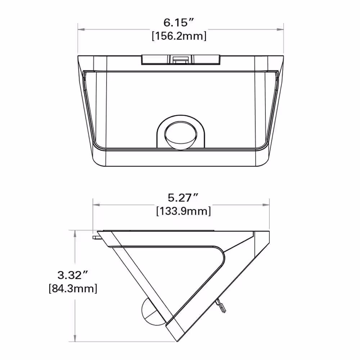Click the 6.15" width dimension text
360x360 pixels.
179,23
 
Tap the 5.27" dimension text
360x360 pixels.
183,197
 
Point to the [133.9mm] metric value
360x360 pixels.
183,211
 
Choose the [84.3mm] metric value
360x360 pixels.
73,288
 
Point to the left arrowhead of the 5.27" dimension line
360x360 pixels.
95,204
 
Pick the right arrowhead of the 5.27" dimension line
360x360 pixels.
267,204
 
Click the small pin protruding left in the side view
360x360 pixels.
96,237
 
